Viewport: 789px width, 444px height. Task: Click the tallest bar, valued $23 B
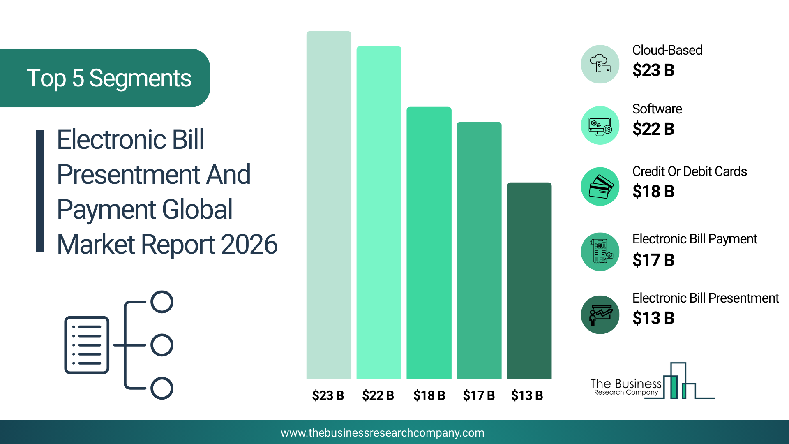point(329,205)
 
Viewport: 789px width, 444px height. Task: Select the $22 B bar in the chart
point(379,213)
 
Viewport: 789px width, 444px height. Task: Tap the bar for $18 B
point(429,243)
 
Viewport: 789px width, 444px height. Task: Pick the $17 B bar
point(479,250)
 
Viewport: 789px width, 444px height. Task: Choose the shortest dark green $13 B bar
point(529,281)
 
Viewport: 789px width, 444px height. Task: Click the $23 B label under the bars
point(328,395)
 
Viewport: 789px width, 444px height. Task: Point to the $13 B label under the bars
point(527,395)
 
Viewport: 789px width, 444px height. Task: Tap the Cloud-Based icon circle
point(600,64)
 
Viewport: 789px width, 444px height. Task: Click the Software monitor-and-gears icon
point(600,125)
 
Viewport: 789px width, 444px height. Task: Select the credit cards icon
point(600,186)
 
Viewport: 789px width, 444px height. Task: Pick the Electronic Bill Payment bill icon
point(600,252)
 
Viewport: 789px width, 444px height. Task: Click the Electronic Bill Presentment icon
point(600,314)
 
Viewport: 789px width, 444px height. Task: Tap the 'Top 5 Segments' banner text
point(109,78)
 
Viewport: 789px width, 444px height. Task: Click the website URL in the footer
point(383,433)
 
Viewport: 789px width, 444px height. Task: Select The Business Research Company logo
point(653,381)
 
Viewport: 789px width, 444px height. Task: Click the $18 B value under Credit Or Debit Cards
point(653,192)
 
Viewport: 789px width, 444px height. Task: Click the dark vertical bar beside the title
point(40,191)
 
